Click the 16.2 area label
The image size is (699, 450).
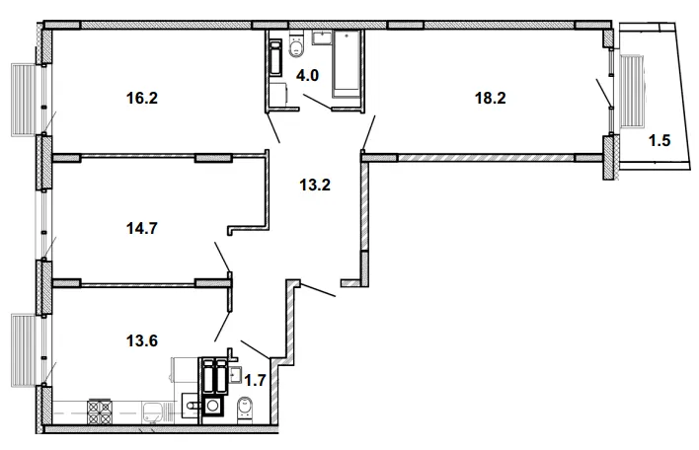pyautogui.click(x=142, y=98)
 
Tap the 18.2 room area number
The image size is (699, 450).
pyautogui.click(x=490, y=98)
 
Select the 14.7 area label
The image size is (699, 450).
pyautogui.click(x=142, y=228)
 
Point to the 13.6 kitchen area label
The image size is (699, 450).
pyautogui.click(x=142, y=340)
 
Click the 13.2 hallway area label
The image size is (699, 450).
pyautogui.click(x=315, y=185)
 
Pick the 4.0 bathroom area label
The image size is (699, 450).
pyautogui.click(x=308, y=75)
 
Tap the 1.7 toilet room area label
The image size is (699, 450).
pyautogui.click(x=255, y=380)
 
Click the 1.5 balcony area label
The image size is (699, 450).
pyautogui.click(x=660, y=140)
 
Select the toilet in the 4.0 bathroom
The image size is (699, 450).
pyautogui.click(x=296, y=45)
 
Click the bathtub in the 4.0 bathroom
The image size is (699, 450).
pyautogui.click(x=347, y=63)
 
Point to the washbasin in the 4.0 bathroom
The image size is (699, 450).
pyautogui.click(x=322, y=37)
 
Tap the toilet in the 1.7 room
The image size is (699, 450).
pyautogui.click(x=245, y=409)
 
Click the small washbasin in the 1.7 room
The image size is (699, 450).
pyautogui.click(x=235, y=374)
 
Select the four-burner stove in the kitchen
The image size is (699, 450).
pyautogui.click(x=99, y=412)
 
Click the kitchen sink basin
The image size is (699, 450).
pyautogui.click(x=152, y=412)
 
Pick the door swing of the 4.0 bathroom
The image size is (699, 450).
pyautogui.click(x=317, y=101)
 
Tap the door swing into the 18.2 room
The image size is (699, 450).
pyautogui.click(x=368, y=133)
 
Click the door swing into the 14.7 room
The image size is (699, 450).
pyautogui.click(x=222, y=258)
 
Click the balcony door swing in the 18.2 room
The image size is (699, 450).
pyautogui.click(x=604, y=93)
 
